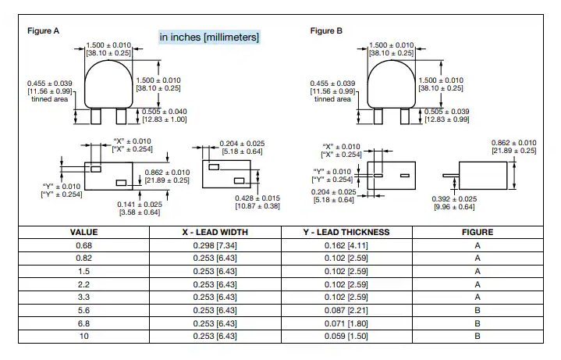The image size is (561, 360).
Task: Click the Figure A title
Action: [x=43, y=30]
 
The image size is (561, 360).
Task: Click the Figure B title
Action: [x=326, y=30]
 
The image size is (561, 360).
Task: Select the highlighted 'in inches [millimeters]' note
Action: [x=209, y=37]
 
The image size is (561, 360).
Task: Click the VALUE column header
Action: [x=83, y=232]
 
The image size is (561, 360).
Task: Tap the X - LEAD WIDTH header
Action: [x=215, y=232]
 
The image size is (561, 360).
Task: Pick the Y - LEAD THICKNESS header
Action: [x=346, y=232]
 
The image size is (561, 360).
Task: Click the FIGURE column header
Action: [x=478, y=232]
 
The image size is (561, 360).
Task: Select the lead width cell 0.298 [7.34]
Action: [x=215, y=245]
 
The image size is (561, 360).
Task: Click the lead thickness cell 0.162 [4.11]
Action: [x=346, y=245]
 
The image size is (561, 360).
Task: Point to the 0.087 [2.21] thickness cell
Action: [x=346, y=310]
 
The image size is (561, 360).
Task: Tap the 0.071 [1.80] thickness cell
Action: [x=346, y=323]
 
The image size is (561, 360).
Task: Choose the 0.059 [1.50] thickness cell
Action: [x=346, y=336]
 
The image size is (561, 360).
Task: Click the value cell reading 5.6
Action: [x=83, y=310]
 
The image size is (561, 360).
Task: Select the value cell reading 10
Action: [x=83, y=336]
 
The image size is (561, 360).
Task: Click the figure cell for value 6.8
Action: [x=478, y=323]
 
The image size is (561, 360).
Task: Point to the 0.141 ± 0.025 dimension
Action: [x=140, y=205]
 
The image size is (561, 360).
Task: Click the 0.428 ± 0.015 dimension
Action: [x=257, y=198]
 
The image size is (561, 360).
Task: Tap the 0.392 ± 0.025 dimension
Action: [x=454, y=199]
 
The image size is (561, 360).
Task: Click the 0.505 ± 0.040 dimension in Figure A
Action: [x=164, y=112]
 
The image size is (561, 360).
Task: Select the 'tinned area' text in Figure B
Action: [x=332, y=99]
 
